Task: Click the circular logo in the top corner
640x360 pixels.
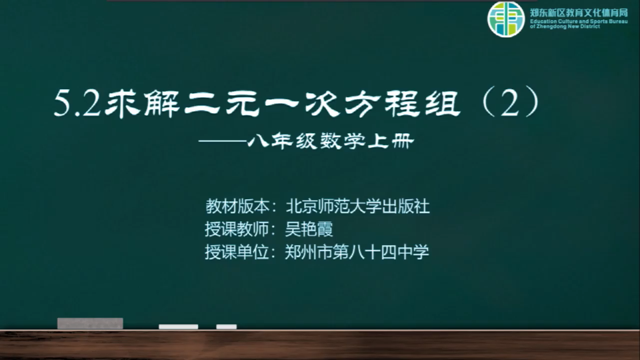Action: click(506, 19)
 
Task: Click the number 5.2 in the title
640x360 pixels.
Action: click(77, 104)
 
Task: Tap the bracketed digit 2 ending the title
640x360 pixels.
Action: click(511, 102)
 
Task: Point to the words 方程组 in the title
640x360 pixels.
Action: click(403, 103)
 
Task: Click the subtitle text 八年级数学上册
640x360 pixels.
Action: click(331, 141)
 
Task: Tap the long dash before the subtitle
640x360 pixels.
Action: click(223, 141)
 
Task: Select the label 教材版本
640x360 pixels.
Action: click(237, 207)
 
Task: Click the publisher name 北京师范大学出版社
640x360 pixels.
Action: click(357, 207)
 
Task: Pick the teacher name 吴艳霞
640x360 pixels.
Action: click(309, 229)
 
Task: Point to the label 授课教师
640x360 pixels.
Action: click(237, 229)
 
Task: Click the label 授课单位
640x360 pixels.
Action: click(237, 252)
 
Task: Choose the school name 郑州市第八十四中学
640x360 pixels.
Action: click(357, 252)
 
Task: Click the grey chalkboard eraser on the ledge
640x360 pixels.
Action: click(90, 323)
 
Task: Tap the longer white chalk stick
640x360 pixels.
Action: click(179, 327)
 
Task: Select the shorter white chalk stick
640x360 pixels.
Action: click(227, 327)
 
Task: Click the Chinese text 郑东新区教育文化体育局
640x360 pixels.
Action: click(579, 13)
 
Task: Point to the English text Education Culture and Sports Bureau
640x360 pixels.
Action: click(579, 21)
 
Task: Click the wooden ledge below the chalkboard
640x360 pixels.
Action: click(320, 345)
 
